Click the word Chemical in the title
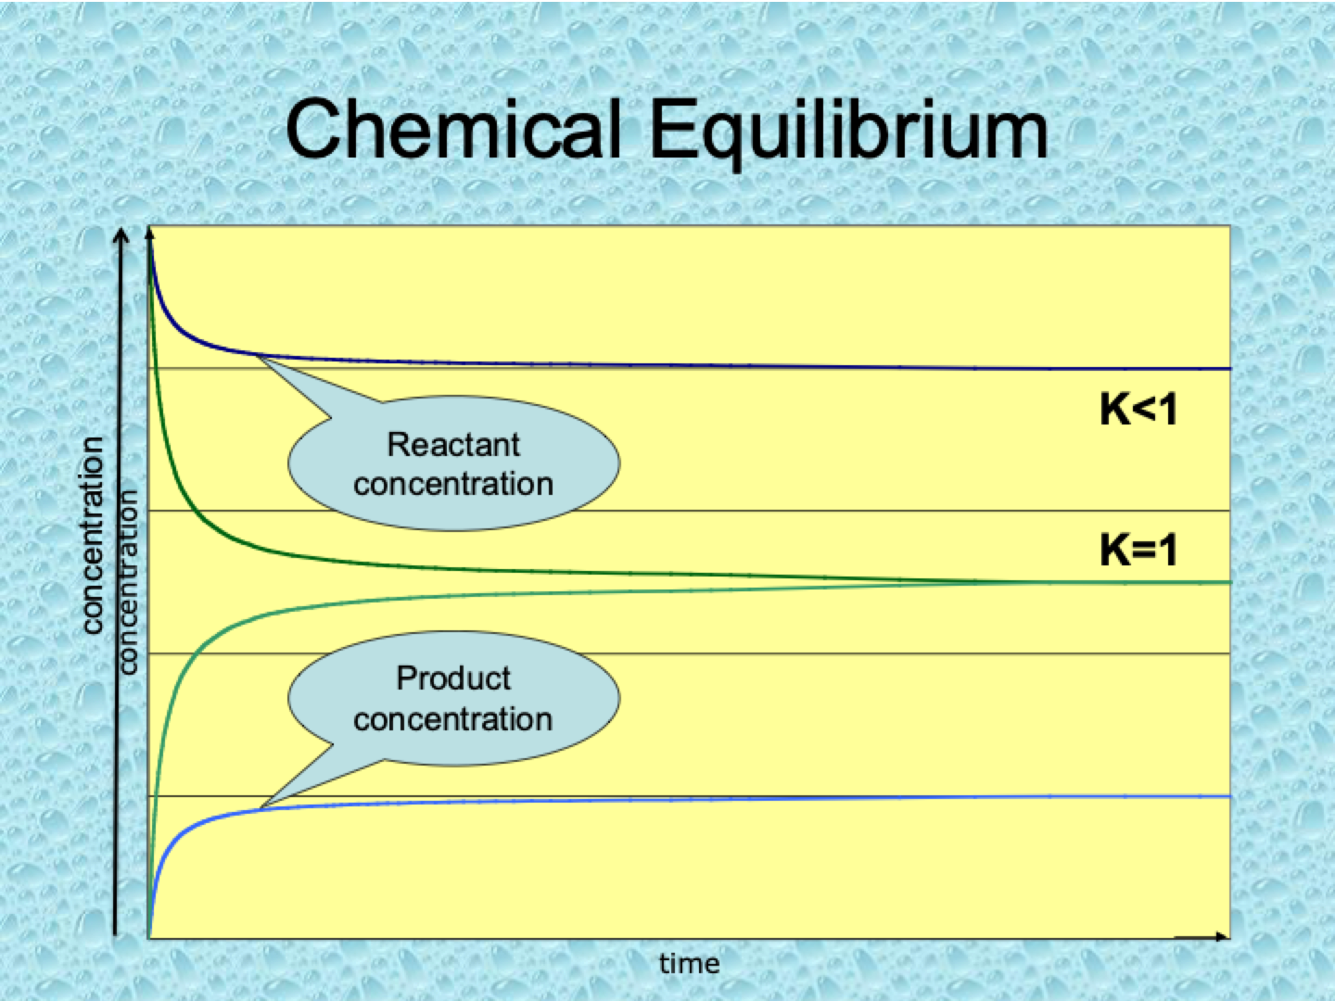click(453, 130)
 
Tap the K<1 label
click(1138, 410)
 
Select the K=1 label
click(1138, 550)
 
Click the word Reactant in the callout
click(453, 444)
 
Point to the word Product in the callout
click(453, 678)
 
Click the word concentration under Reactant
click(453, 485)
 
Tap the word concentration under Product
click(453, 719)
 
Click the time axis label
click(689, 964)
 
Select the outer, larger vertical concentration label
click(92, 536)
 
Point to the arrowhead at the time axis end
click(1220, 936)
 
